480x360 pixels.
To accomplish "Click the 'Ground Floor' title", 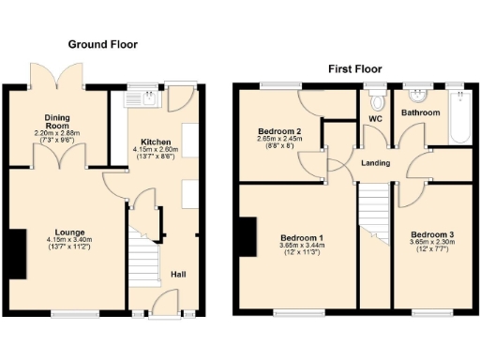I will (x=103, y=43).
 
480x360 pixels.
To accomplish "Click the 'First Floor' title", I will (x=353, y=68).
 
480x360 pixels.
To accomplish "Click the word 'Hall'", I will (x=177, y=275).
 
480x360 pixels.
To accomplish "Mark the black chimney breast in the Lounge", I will (x=18, y=253).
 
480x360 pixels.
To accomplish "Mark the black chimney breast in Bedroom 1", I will (x=248, y=235).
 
